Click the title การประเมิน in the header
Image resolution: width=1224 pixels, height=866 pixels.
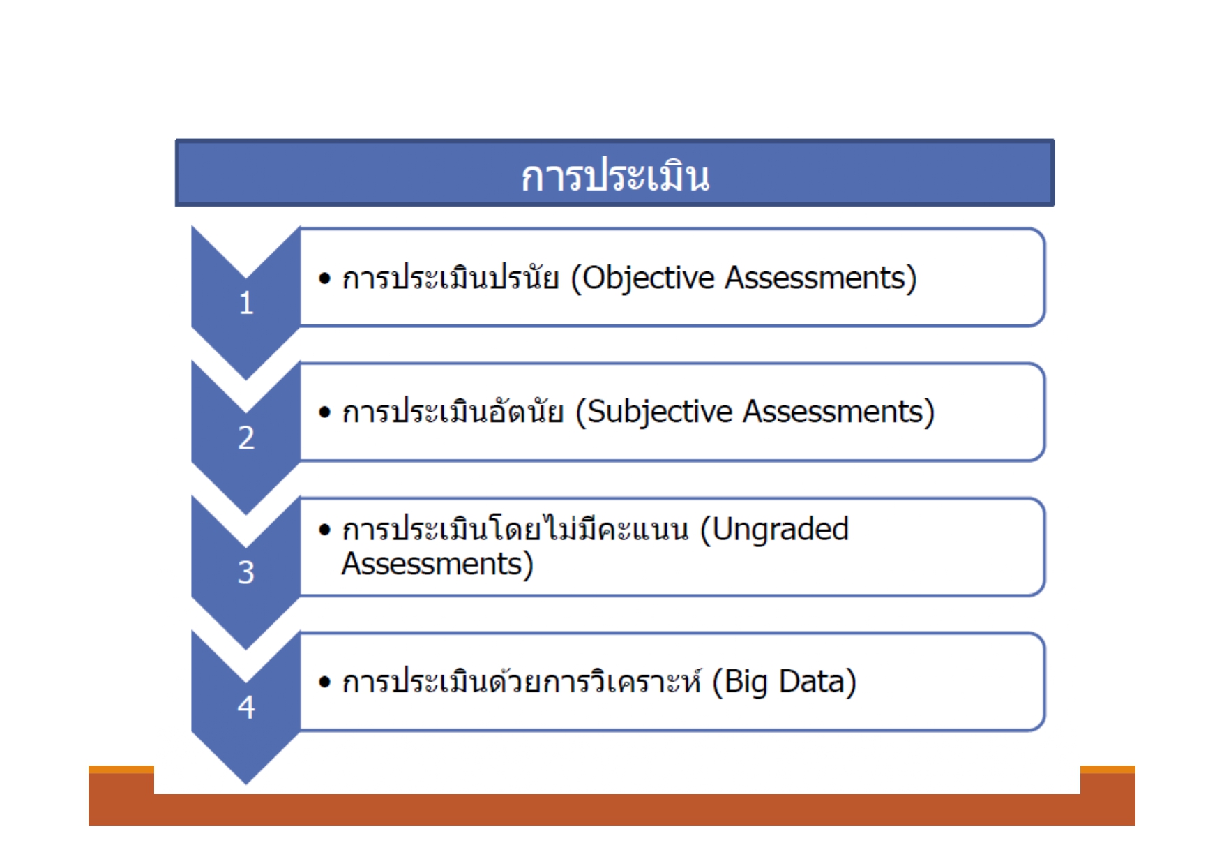(614, 176)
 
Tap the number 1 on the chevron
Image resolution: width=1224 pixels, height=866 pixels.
(245, 304)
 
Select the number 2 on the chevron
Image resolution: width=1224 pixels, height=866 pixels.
(245, 438)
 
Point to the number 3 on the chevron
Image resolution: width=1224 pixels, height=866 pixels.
(245, 573)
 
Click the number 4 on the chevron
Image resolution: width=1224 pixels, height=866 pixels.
(245, 708)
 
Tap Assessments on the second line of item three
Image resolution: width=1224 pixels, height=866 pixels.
(432, 564)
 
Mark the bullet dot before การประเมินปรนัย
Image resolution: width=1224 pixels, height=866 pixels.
(324, 278)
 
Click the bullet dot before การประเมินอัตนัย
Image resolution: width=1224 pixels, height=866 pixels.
(324, 412)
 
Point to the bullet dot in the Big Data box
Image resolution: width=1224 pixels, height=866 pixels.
(324, 682)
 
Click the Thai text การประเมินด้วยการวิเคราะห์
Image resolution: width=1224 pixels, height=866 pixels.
(522, 682)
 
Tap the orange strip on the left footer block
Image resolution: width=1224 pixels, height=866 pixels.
(121, 770)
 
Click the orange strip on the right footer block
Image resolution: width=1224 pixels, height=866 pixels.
(1107, 770)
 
